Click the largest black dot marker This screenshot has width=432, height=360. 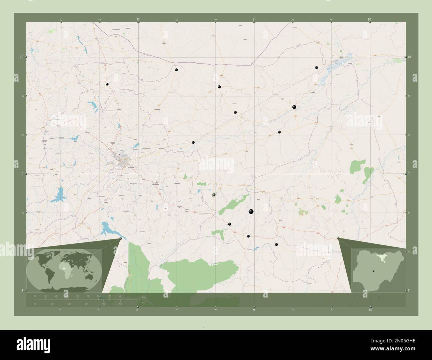pos(251,211)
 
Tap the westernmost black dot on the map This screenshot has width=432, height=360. pos(107,84)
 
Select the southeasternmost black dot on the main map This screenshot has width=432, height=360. pos(276,244)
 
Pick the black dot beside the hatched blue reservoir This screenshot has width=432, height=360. pos(317,67)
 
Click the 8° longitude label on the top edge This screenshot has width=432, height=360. pos(138,20)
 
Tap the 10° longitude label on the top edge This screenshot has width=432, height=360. pos(370,20)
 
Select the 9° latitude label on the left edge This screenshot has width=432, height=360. pos(22,174)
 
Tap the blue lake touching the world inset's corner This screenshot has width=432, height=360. pos(107,229)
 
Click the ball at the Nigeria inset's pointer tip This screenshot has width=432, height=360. pos(338,238)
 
